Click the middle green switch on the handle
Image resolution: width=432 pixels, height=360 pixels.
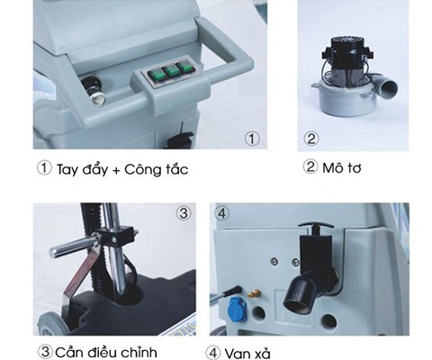171,71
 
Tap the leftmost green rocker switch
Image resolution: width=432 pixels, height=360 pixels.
156,75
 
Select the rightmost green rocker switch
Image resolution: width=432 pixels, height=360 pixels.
186,67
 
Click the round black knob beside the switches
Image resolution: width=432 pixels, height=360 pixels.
94,90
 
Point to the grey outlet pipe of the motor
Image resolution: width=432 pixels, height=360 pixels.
387,87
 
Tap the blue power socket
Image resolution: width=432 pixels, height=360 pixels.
238,308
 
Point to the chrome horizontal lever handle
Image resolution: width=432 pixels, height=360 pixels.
75,247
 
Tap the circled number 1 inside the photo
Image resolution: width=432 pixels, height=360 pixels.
252,139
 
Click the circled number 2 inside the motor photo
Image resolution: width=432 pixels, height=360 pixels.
311,139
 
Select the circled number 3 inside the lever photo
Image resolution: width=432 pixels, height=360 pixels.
184,213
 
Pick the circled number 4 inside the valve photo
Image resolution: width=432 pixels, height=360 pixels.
221,213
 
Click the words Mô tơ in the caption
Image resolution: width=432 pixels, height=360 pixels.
341,168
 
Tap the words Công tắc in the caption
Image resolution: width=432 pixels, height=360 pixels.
157,169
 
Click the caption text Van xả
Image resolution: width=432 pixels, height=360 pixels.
247,354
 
